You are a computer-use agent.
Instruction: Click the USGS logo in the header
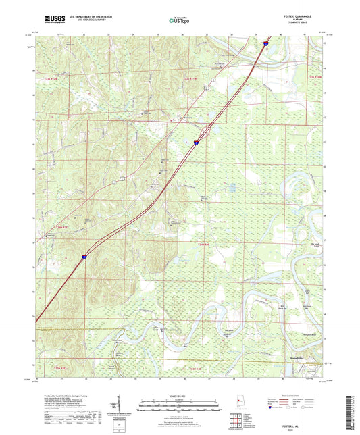(x=51, y=20)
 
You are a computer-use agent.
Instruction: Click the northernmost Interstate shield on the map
(x=266, y=43)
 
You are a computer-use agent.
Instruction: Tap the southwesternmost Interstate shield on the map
(x=84, y=256)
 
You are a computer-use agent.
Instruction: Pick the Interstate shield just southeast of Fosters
(x=196, y=143)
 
